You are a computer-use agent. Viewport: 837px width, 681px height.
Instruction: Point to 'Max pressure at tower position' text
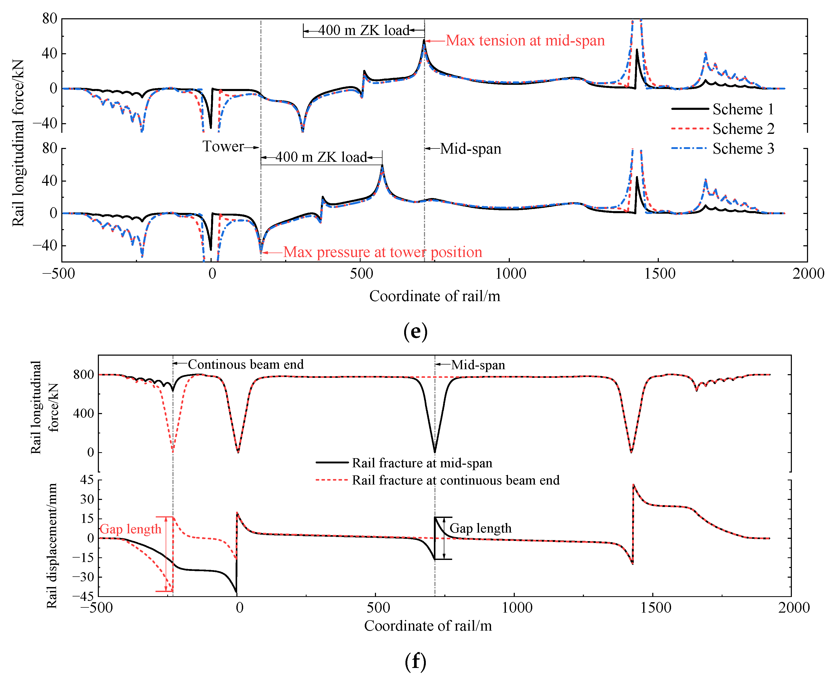pos(382,252)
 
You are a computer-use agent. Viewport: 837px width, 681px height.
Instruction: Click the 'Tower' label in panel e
pos(223,146)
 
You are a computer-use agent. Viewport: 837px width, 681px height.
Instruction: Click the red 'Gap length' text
pos(131,529)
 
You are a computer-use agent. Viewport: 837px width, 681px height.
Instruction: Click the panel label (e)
pos(415,331)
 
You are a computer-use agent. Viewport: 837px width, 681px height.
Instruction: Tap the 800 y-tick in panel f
pos(83,375)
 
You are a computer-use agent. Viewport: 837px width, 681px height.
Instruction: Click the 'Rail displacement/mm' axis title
pos(51,545)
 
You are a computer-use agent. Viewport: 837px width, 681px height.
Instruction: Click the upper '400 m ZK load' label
pos(364,30)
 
